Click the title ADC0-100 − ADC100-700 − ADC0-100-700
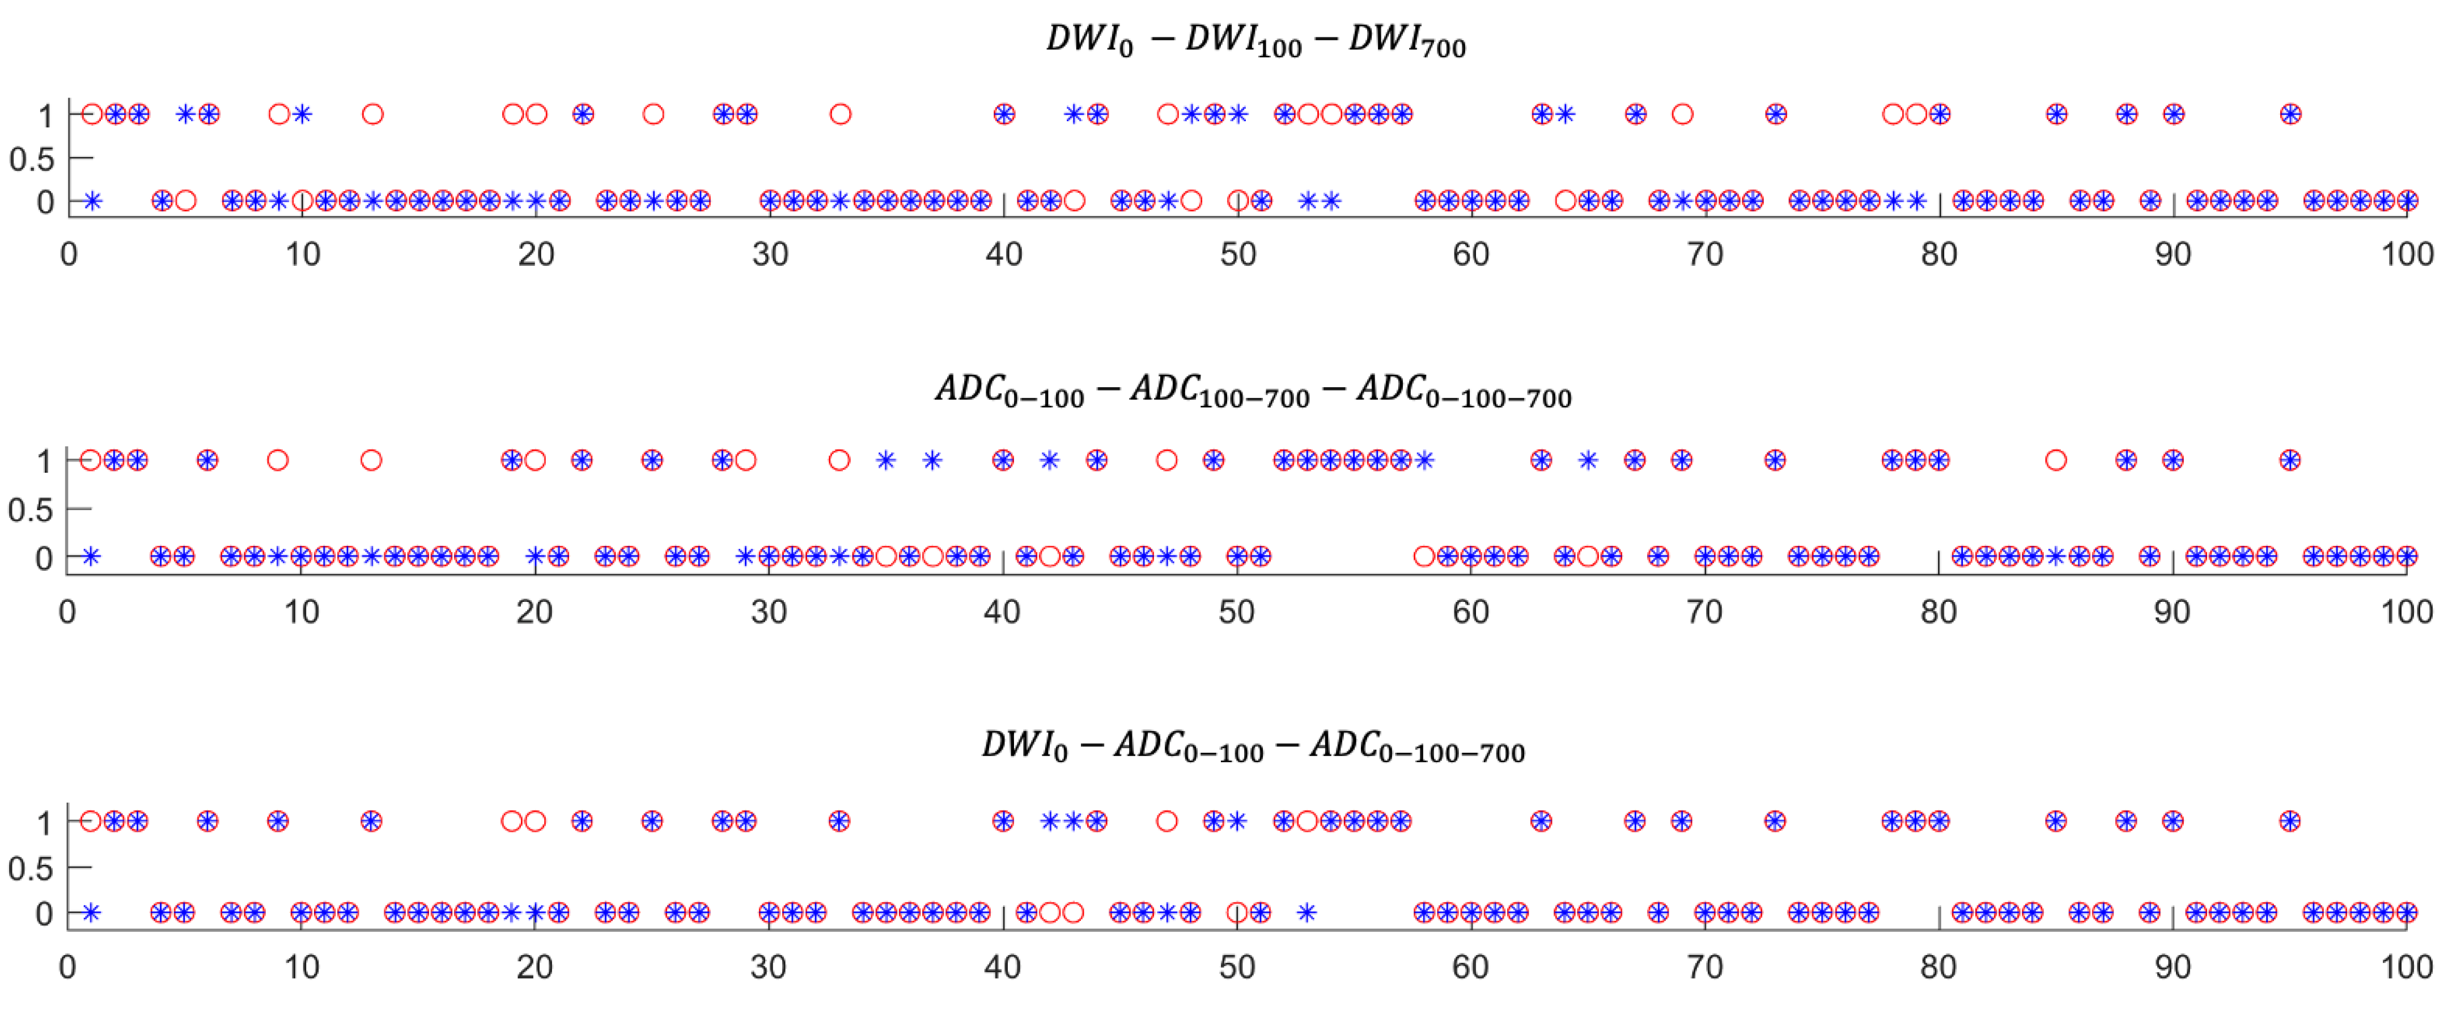coord(1253,391)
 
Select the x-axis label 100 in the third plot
coord(2406,968)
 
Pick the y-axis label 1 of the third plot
coord(44,822)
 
